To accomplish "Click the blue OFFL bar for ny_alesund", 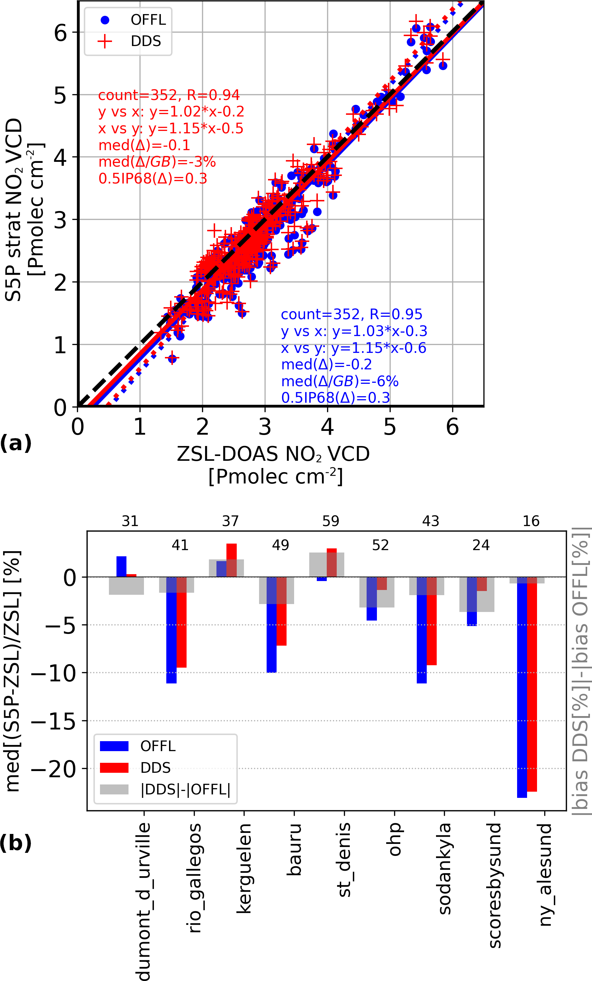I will click(x=522, y=691).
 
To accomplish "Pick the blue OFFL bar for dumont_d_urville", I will click(x=121, y=566).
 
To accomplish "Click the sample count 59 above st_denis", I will click(x=331, y=521).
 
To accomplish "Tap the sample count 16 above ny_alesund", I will click(x=531, y=521).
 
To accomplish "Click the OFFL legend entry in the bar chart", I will click(x=158, y=746).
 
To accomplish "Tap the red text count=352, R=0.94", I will click(x=169, y=95).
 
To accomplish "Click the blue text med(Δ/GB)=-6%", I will click(x=339, y=381).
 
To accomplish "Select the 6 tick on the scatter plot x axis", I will click(x=452, y=427).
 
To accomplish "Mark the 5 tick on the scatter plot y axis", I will click(x=60, y=95).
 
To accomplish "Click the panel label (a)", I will click(x=16, y=443).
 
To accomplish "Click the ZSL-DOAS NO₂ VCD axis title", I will click(x=273, y=454).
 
